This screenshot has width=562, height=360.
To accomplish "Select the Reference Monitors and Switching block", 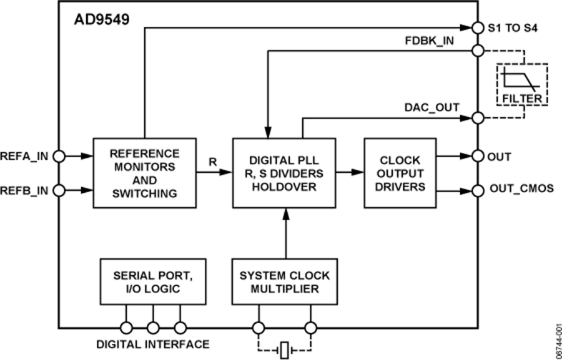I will click(145, 173).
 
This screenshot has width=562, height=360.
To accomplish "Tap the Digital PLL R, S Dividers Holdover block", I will click(284, 173).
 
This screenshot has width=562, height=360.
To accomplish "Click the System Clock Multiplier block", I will click(284, 282).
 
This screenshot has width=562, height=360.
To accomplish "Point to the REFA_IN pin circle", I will click(59, 156).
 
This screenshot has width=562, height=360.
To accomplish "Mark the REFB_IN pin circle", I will click(59, 189).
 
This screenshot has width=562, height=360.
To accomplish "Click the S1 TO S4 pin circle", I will click(478, 27).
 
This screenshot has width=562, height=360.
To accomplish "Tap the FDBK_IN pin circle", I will click(478, 51).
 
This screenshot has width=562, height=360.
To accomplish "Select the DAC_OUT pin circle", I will click(478, 117).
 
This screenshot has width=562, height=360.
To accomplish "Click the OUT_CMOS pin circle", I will click(478, 190).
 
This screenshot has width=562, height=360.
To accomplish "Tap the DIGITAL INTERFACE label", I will click(153, 344).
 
